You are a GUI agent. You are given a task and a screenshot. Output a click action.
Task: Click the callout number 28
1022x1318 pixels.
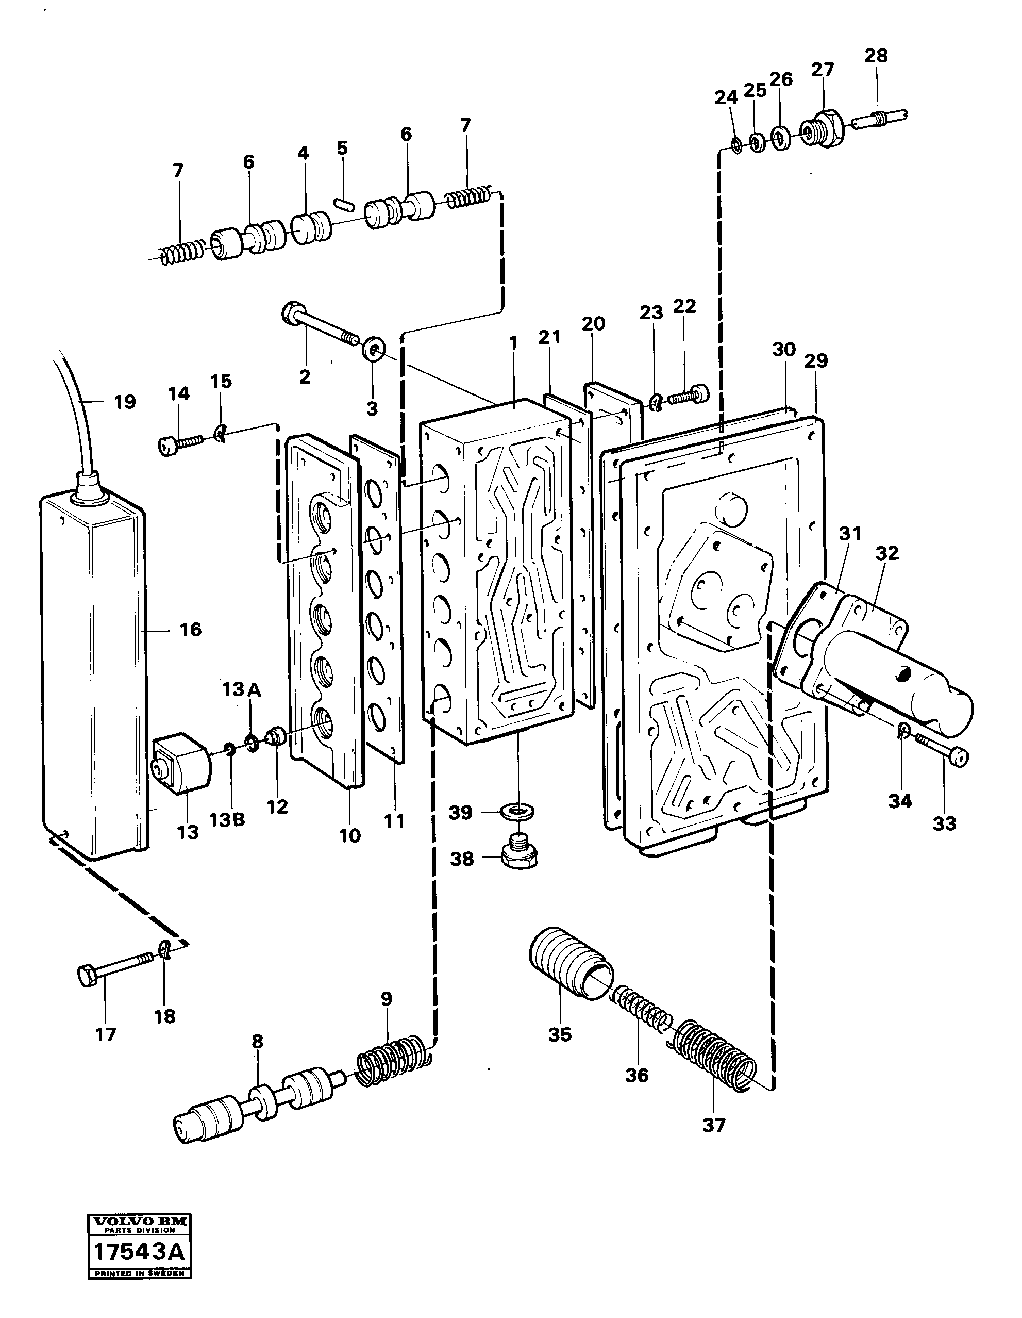[x=876, y=56]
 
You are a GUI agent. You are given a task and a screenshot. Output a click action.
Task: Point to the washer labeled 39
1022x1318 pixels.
[x=517, y=811]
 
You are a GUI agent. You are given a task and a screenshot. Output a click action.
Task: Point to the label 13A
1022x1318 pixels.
[x=241, y=689]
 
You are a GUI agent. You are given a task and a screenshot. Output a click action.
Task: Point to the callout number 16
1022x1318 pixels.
[x=191, y=630]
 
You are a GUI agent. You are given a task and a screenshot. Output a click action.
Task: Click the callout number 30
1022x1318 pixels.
[x=784, y=350]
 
